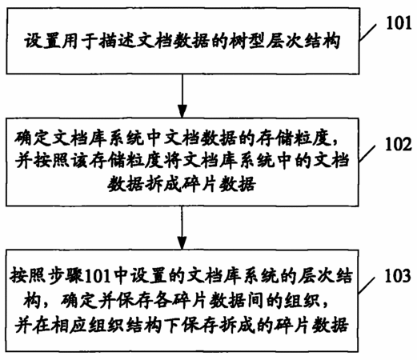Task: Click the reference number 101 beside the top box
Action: point(399,23)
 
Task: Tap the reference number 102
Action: point(399,145)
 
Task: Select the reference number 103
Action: point(398,276)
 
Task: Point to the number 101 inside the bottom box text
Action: point(97,277)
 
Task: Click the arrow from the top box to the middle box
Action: point(182,96)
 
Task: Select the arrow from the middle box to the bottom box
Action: point(182,228)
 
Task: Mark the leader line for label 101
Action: point(368,32)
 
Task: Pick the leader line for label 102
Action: point(367,154)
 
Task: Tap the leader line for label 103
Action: point(367,285)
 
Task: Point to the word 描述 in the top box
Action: point(117,42)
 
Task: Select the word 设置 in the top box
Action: point(43,42)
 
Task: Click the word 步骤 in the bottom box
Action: point(66,277)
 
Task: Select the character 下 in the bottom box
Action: point(173,325)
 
